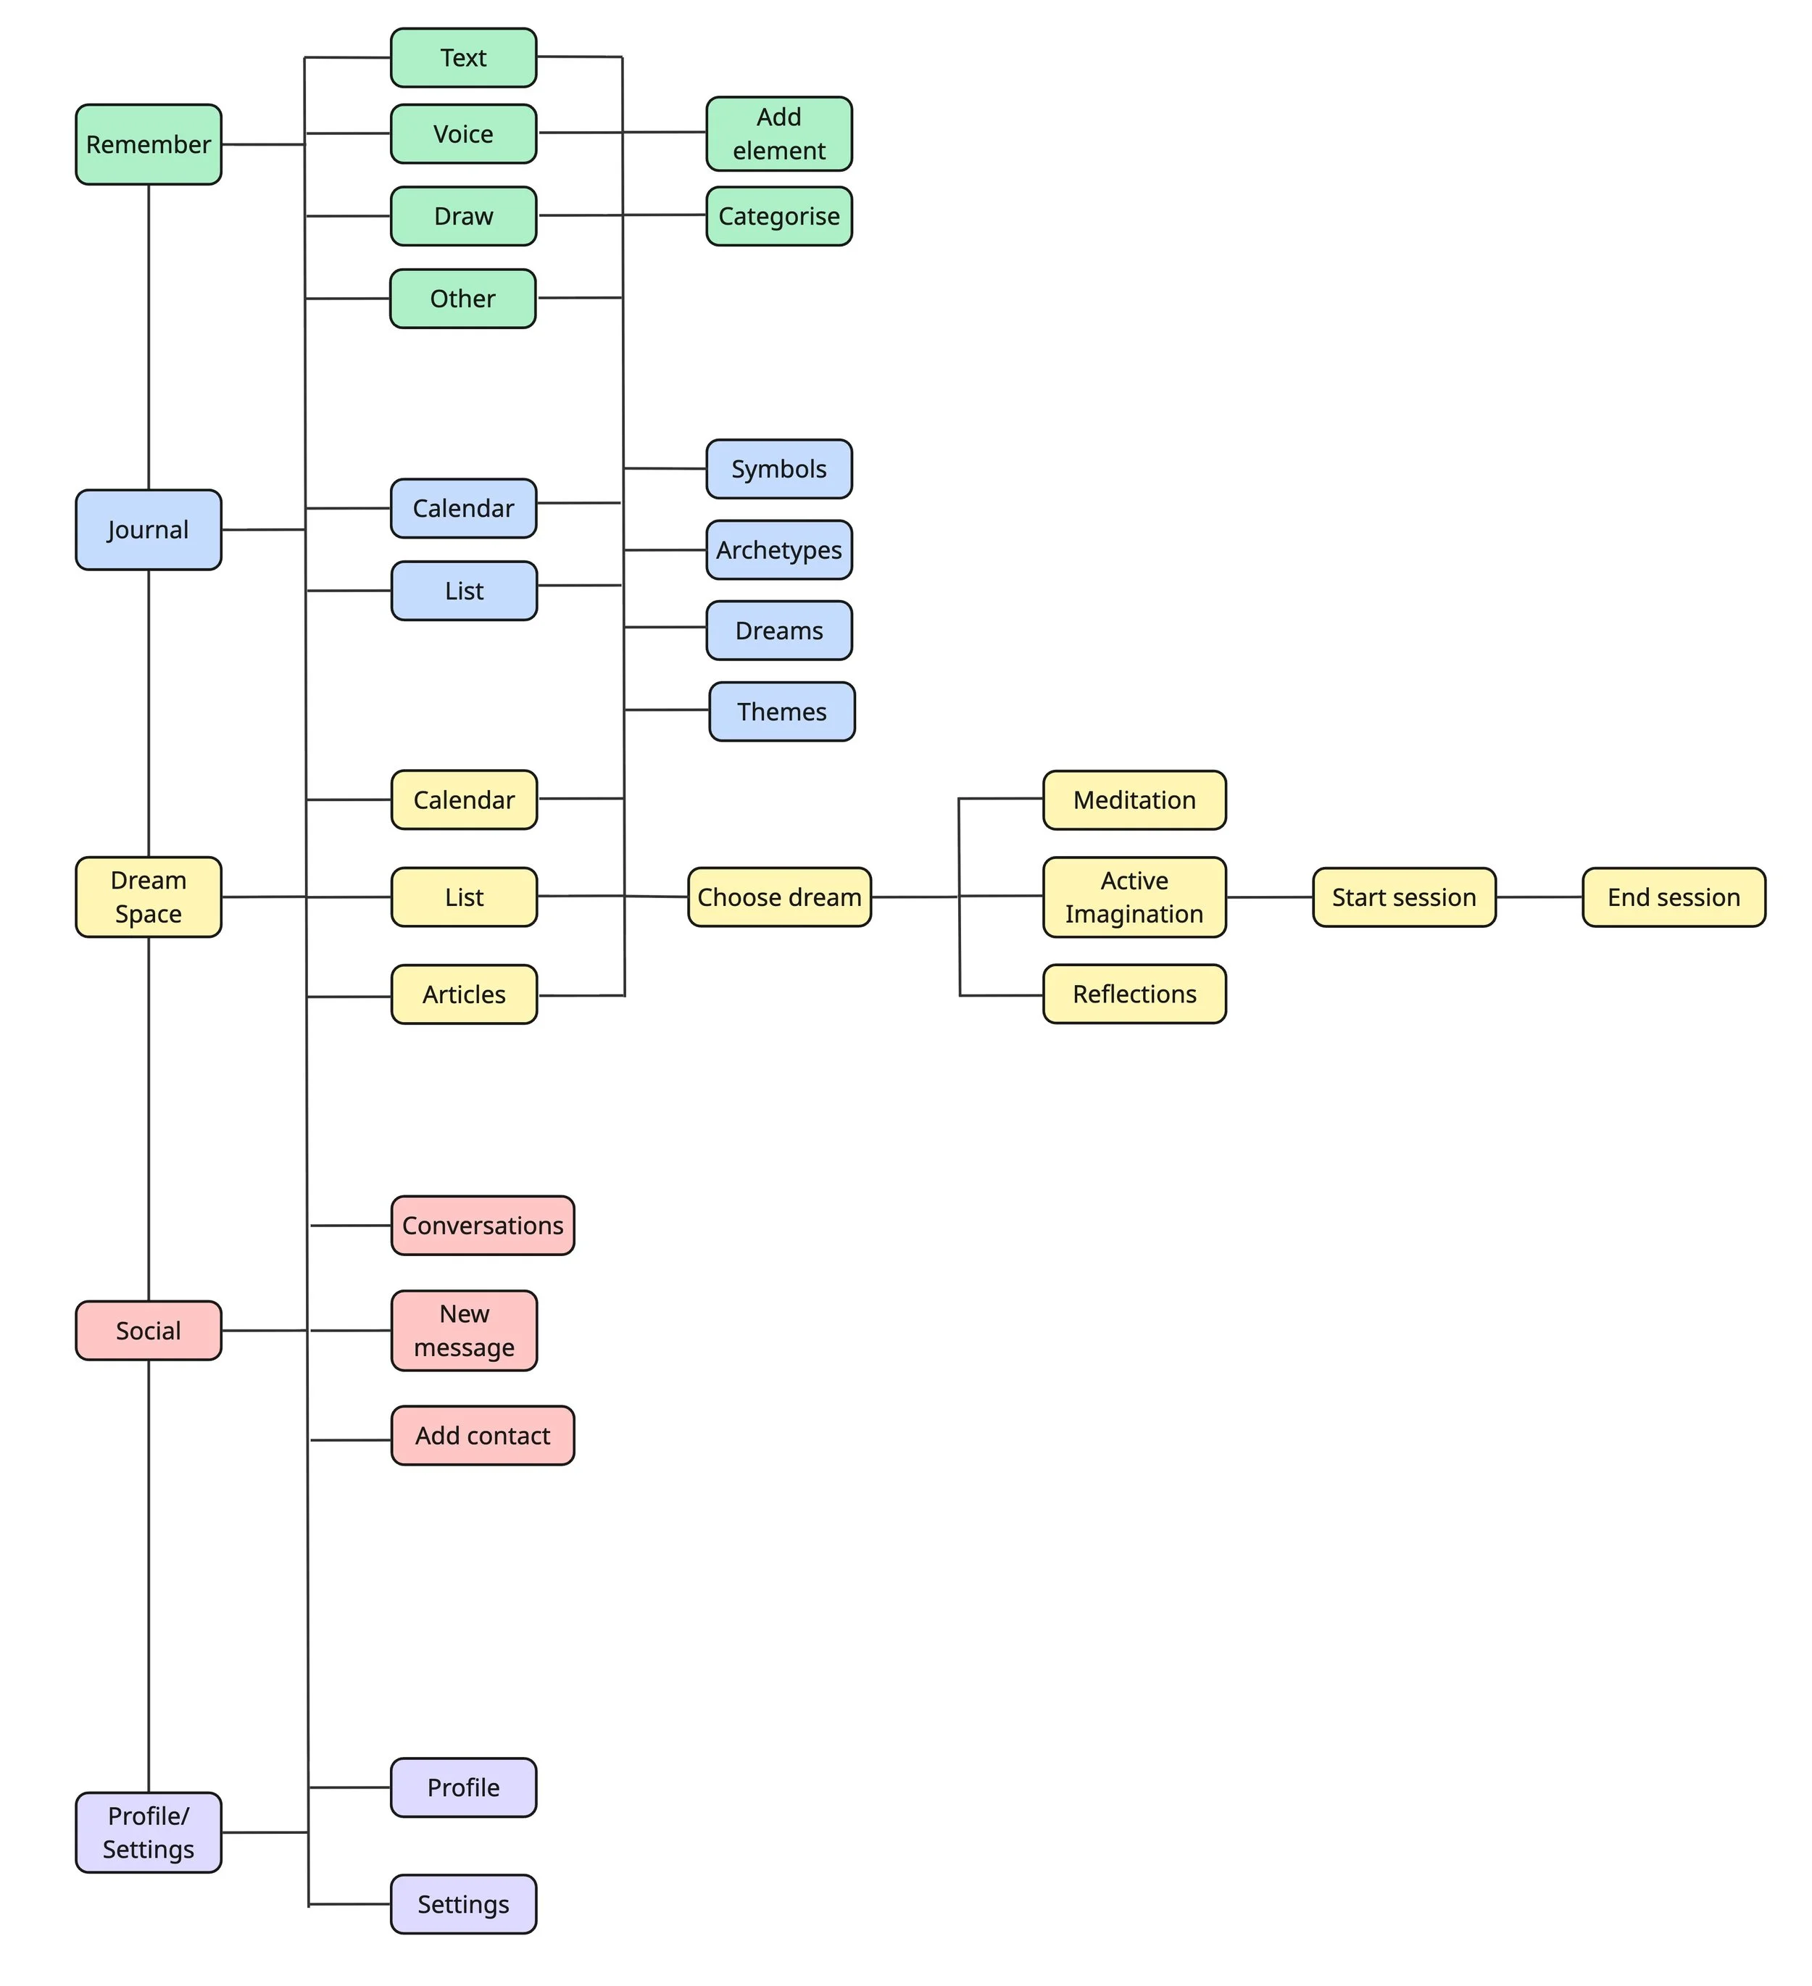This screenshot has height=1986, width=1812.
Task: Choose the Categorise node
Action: point(778,216)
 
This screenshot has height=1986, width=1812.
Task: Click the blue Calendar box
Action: point(463,508)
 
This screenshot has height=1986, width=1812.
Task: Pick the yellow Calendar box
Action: point(463,800)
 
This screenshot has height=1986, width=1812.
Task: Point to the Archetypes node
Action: point(778,549)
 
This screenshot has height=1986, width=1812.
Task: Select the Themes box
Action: point(781,711)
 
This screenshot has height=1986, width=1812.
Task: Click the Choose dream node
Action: point(778,897)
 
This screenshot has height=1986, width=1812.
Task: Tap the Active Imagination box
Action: point(1134,897)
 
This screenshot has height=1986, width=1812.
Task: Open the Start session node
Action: point(1403,897)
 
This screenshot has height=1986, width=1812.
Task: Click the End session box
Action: point(1673,897)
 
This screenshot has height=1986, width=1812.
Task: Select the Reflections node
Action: point(1134,994)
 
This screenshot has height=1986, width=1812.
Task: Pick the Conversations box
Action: point(482,1226)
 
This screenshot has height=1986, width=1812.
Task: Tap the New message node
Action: point(463,1330)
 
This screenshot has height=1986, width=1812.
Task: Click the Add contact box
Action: point(482,1435)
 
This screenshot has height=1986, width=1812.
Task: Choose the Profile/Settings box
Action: point(148,1832)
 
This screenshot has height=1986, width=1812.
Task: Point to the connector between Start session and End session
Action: point(1539,897)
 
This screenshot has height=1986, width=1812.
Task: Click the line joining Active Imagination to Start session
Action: point(1269,897)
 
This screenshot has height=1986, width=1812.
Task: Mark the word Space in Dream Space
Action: point(148,914)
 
